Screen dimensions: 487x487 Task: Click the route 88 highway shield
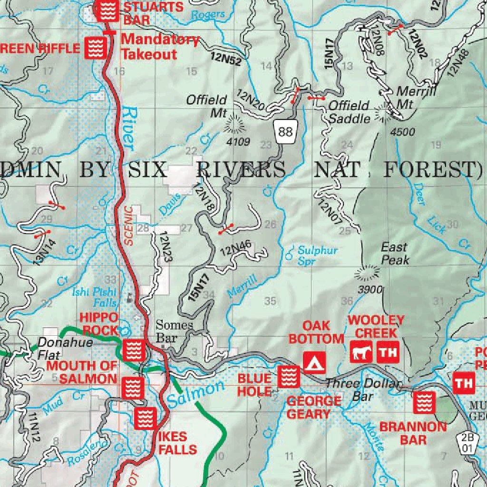click(x=285, y=131)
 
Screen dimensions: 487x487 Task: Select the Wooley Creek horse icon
click(x=360, y=352)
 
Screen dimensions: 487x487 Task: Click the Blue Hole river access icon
click(x=289, y=376)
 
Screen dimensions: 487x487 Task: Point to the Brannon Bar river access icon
click(x=423, y=402)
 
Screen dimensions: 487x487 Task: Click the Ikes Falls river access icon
click(x=144, y=418)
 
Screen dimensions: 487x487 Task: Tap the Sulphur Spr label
click(x=318, y=255)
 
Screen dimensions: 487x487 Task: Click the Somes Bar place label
click(x=174, y=331)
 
